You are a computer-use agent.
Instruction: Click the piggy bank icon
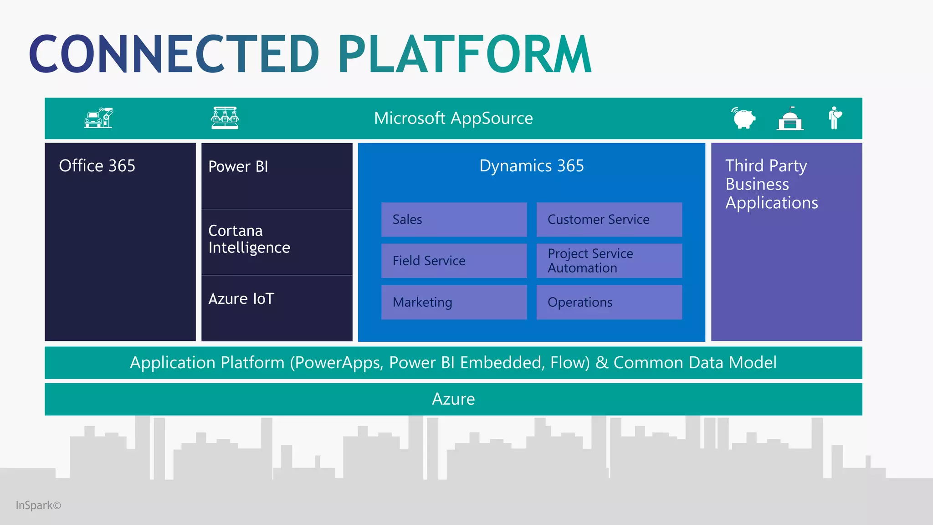(x=743, y=118)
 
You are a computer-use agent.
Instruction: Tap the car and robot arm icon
(x=98, y=118)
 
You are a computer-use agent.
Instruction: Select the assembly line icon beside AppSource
(x=225, y=118)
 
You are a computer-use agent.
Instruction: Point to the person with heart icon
(x=835, y=118)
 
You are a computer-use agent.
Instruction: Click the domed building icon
(x=790, y=119)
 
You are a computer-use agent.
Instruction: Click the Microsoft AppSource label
(x=453, y=118)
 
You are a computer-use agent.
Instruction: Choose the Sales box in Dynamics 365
(x=454, y=220)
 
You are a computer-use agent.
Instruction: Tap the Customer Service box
(x=609, y=220)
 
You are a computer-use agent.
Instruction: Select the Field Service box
(x=454, y=261)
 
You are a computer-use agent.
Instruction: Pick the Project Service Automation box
(x=609, y=261)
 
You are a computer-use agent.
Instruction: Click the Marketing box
(x=454, y=302)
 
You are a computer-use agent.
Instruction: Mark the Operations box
(x=609, y=302)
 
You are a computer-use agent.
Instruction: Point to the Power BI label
(x=238, y=167)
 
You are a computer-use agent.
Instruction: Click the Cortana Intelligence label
(x=249, y=239)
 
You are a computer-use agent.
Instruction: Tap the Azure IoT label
(x=241, y=299)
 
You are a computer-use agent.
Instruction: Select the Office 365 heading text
(x=97, y=166)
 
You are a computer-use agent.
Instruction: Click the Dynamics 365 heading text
(x=531, y=166)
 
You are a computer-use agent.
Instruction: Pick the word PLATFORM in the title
(x=465, y=54)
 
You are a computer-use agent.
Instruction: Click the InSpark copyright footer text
(x=38, y=505)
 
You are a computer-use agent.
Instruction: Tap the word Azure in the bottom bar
(x=453, y=399)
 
